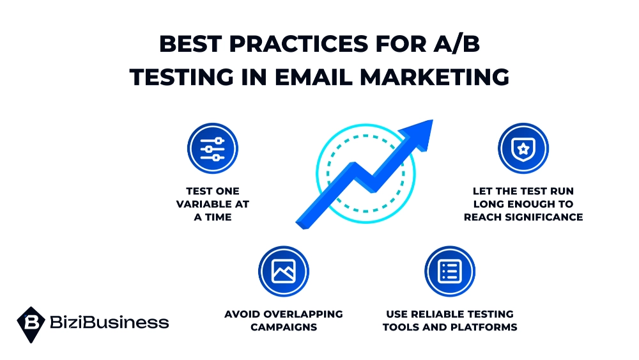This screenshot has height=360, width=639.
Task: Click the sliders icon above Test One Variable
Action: tap(212, 149)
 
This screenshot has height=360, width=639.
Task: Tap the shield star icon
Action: tap(523, 149)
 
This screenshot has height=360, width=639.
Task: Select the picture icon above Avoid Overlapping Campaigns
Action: tap(283, 271)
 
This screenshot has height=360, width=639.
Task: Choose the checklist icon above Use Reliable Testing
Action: tap(449, 271)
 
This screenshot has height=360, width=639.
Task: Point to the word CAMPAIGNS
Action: tap(283, 327)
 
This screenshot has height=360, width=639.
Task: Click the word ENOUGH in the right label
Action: tap(527, 204)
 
